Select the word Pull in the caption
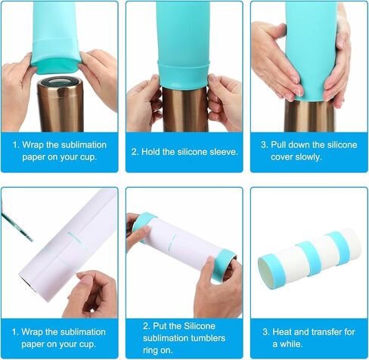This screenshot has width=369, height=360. tap(278, 144)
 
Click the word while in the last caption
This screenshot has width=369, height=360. tap(291, 344)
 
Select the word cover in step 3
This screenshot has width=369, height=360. tap(281, 157)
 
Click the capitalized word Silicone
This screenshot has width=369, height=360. tap(200, 326)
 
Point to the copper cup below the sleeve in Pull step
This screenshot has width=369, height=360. tap(310, 116)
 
